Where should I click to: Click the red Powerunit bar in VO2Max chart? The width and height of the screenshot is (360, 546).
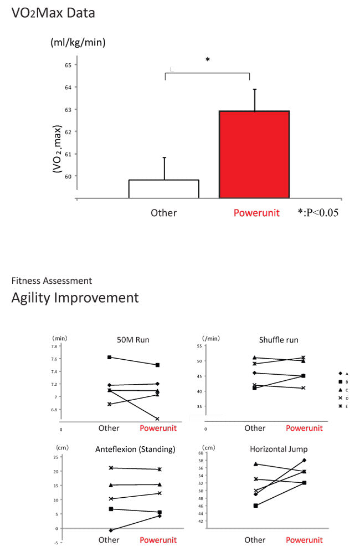point(254,155)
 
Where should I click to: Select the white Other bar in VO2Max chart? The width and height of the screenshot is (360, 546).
point(164,188)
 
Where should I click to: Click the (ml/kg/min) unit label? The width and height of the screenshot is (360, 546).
point(78,42)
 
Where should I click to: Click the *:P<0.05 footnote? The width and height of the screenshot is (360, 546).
point(317,212)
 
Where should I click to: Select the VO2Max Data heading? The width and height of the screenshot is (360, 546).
point(53,13)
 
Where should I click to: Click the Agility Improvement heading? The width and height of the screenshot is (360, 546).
point(75,298)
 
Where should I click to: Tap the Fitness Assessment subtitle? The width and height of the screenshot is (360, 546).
point(52,281)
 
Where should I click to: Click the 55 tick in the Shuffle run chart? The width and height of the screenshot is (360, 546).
point(198,346)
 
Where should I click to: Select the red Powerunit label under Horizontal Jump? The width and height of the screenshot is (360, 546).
point(304,540)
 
